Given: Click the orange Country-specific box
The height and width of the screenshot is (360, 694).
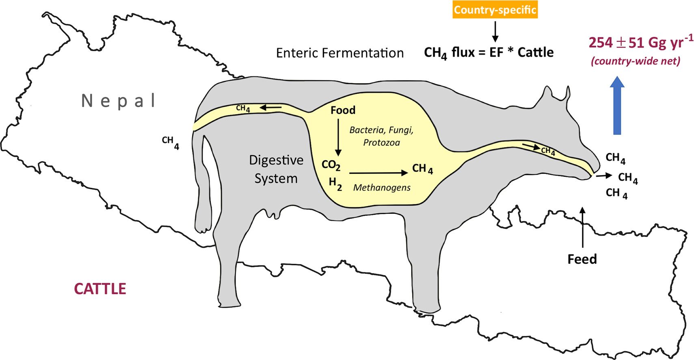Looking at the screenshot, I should pos(495,10).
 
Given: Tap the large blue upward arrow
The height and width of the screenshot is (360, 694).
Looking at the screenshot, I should pos(617,106).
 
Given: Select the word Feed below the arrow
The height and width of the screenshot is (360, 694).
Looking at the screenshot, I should pos(582,259).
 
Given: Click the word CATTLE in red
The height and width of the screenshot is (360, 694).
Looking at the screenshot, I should pos(100,289).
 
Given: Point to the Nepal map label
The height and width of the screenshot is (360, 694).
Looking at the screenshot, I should pos(119,101).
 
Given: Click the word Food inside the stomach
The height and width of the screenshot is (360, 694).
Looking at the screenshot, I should pos(343,111).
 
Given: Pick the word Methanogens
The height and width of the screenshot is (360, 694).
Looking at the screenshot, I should pos(382,188).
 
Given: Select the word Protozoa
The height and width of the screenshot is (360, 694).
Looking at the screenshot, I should pos(381,143).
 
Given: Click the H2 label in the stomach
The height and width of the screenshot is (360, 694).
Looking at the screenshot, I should pos(335,183).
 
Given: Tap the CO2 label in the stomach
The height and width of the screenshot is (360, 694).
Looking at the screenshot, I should pos(331,165).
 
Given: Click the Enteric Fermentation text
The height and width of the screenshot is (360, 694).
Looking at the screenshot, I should pos(340,53).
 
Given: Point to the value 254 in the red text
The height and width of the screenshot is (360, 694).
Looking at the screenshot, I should pos(601,43).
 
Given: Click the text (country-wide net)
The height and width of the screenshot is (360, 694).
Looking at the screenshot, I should pos(636,61).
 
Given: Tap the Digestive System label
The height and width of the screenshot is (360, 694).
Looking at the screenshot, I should pos(276,169).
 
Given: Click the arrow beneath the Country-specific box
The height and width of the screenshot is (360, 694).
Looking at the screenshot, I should pos(495,32).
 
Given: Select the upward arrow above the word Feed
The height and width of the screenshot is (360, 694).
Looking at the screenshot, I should pos(583,228).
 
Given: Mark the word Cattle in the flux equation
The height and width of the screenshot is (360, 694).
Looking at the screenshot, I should pos(536,52).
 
